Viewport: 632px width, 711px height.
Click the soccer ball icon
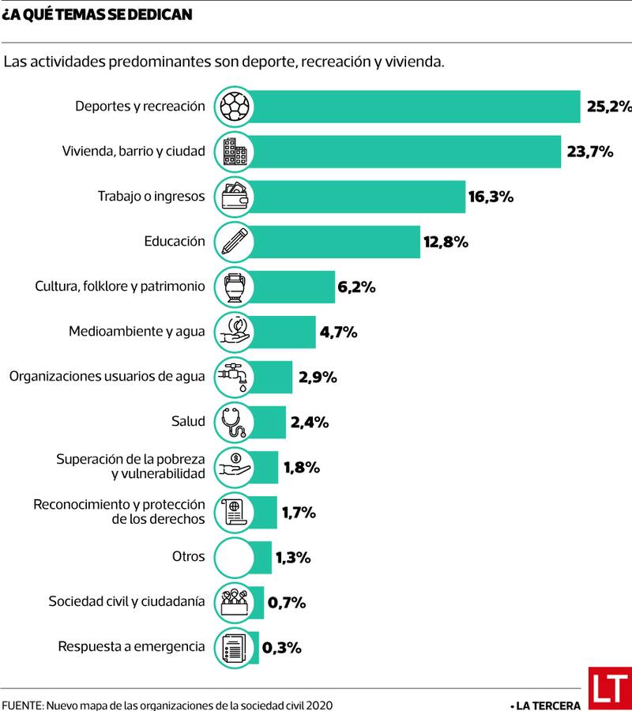point(234,107)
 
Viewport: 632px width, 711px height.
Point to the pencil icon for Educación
point(234,242)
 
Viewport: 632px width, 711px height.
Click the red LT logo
point(609,687)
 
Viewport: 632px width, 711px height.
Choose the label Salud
point(188,421)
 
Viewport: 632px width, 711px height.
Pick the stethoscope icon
point(234,422)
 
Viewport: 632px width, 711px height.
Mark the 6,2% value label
point(356,287)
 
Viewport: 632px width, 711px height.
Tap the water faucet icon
point(234,377)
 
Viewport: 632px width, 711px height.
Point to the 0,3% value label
point(282,648)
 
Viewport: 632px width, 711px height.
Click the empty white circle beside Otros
point(234,557)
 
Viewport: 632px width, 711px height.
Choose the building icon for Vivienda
point(234,152)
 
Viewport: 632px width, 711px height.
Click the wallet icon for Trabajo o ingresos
point(234,197)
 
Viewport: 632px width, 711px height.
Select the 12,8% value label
point(446,242)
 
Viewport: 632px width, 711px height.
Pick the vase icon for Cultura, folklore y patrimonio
point(234,287)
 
